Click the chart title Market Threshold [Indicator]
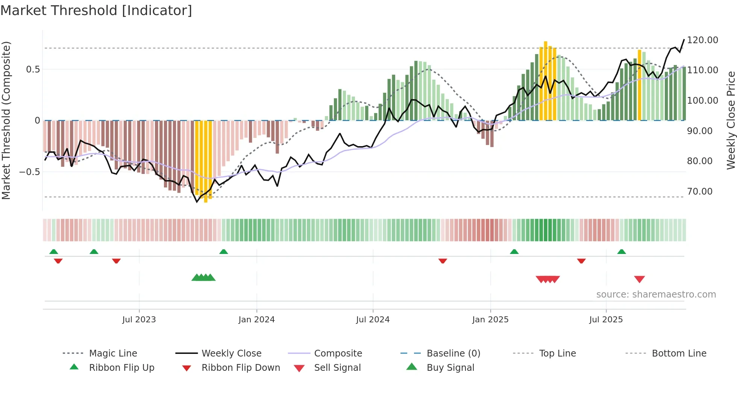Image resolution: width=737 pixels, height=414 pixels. click(96, 11)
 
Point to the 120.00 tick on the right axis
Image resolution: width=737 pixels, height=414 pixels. click(702, 40)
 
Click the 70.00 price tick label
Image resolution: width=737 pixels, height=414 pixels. click(699, 192)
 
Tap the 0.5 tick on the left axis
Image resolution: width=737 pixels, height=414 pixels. click(33, 70)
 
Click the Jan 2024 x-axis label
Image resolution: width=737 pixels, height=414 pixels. click(256, 320)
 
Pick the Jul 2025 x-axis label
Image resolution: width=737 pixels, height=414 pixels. click(606, 320)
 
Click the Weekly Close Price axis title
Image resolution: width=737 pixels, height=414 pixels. click(731, 120)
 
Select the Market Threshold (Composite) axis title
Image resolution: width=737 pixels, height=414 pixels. click(6, 120)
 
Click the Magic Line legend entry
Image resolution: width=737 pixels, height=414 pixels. click(113, 354)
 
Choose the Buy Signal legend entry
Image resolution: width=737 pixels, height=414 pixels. click(450, 368)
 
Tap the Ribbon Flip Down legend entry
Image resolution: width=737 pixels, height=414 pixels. click(241, 368)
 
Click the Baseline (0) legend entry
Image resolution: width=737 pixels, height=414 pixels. click(453, 354)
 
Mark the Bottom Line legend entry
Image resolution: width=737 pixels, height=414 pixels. click(679, 354)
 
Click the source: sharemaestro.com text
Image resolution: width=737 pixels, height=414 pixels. click(656, 295)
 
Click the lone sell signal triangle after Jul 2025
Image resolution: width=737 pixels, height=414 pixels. click(639, 279)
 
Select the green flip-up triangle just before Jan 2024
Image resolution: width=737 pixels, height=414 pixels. click(223, 252)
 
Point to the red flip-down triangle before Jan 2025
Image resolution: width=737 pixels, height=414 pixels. click(443, 260)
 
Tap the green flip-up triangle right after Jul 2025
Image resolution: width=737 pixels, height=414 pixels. click(621, 252)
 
